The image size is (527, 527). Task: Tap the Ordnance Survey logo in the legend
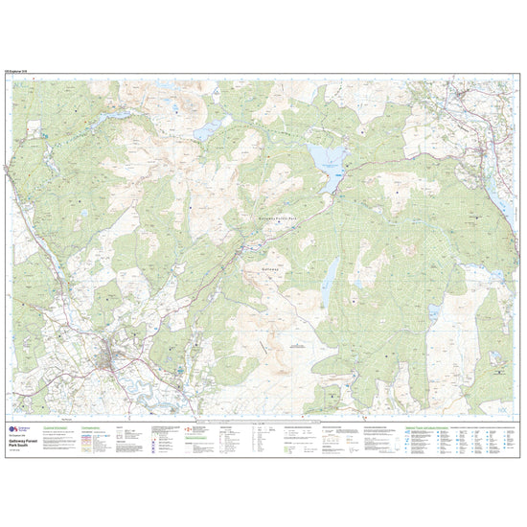pyautogui.click(x=12, y=430)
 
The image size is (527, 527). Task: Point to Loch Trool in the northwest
pyautogui.click(x=113, y=114)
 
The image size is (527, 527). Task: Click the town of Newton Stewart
pyautogui.click(x=115, y=359)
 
